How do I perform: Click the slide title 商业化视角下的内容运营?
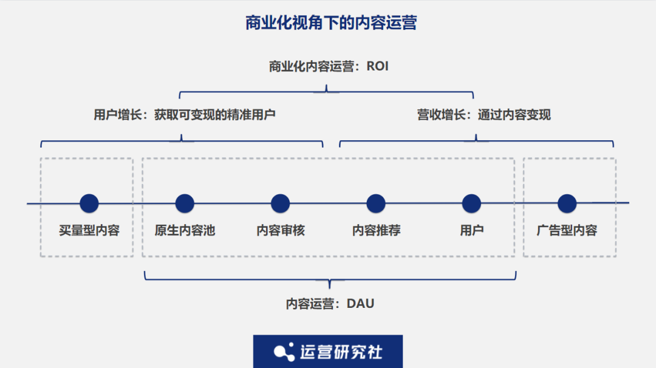pyautogui.click(x=330, y=24)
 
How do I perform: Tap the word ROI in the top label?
pyautogui.click(x=377, y=66)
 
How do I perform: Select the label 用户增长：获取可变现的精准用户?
pyautogui.click(x=184, y=114)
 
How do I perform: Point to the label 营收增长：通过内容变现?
pyautogui.click(x=483, y=115)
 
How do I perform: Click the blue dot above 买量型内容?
pyautogui.click(x=89, y=203)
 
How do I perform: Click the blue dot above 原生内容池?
pyautogui.click(x=185, y=203)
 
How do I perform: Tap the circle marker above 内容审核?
pyautogui.click(x=280, y=203)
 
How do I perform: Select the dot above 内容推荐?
pyautogui.click(x=376, y=203)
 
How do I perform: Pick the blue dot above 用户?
pyautogui.click(x=471, y=203)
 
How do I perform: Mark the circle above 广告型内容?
pyautogui.click(x=567, y=203)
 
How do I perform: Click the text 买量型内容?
pyautogui.click(x=89, y=231)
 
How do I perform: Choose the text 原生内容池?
pyautogui.click(x=185, y=231)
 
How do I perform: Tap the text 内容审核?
pyautogui.click(x=280, y=231)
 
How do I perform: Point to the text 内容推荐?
pyautogui.click(x=376, y=231)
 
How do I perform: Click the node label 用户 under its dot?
pyautogui.click(x=471, y=231)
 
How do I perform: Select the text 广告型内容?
pyautogui.click(x=567, y=231)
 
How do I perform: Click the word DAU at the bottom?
pyautogui.click(x=360, y=304)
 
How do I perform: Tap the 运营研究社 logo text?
pyautogui.click(x=341, y=352)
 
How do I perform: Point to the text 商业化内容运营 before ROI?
pyautogui.click(x=311, y=66)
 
